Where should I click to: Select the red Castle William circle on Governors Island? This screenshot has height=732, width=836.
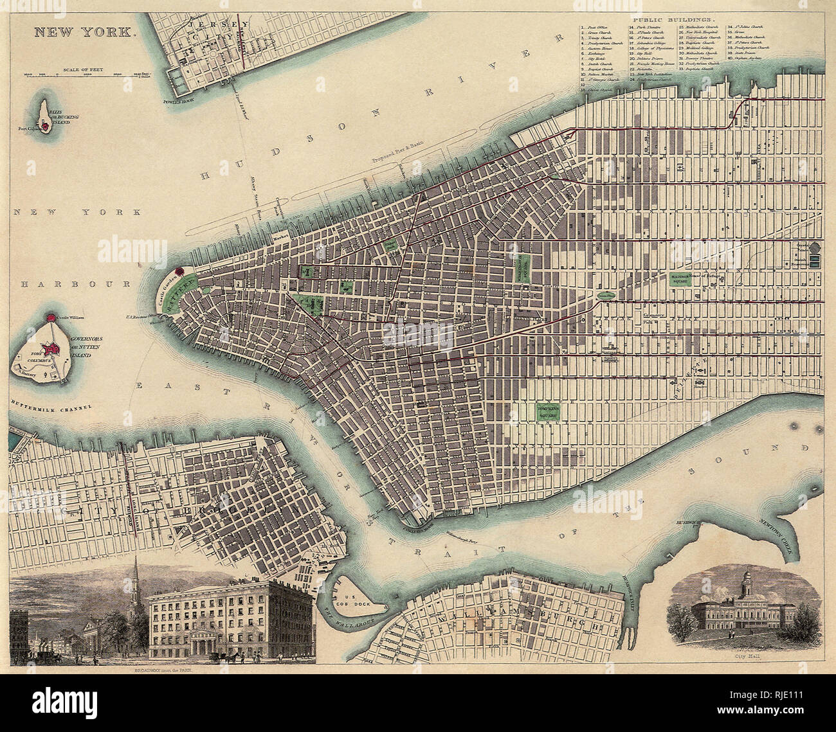click(51, 317)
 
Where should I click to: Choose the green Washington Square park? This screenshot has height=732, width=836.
click(524, 263)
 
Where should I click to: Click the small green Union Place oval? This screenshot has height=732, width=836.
click(604, 296)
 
